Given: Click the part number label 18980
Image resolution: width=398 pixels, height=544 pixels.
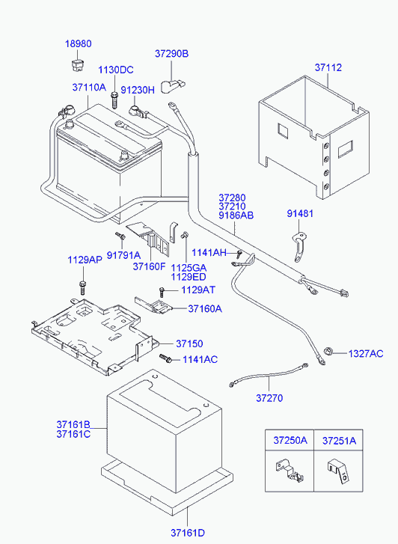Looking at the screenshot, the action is [x=79, y=43].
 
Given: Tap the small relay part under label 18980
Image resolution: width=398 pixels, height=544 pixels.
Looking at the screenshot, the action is [x=77, y=65].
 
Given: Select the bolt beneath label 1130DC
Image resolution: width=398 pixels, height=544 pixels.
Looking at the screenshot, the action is [x=114, y=100].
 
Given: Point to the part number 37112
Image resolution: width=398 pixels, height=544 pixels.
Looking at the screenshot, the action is [x=328, y=67].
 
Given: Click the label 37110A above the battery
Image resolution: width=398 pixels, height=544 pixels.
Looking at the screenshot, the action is [x=89, y=87].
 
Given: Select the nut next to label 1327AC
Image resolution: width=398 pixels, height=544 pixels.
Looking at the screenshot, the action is [x=328, y=351].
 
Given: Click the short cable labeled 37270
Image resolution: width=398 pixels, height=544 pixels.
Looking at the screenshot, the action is [x=269, y=375].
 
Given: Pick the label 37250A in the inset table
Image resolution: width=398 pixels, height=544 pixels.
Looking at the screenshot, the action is [x=290, y=440].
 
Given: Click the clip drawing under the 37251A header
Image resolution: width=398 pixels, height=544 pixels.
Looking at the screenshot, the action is [x=338, y=471].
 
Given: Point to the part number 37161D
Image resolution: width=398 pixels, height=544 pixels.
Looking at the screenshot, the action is [x=188, y=533].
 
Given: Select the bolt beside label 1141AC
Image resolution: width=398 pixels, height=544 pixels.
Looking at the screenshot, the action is [x=166, y=358].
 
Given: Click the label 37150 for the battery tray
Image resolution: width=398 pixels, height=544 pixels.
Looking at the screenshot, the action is [x=189, y=343].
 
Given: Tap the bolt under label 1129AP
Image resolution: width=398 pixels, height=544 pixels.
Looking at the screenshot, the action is [x=82, y=287].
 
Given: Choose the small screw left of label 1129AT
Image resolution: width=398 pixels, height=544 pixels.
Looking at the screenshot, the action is [x=162, y=292].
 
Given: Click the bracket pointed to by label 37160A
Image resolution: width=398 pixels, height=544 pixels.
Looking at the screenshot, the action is [x=153, y=305].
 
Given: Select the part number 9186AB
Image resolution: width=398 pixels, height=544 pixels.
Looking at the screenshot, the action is [x=236, y=216].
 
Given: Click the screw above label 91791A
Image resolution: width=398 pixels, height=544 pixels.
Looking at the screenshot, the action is [x=120, y=236].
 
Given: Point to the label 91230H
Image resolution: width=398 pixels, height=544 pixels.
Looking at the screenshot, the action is [x=138, y=91].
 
